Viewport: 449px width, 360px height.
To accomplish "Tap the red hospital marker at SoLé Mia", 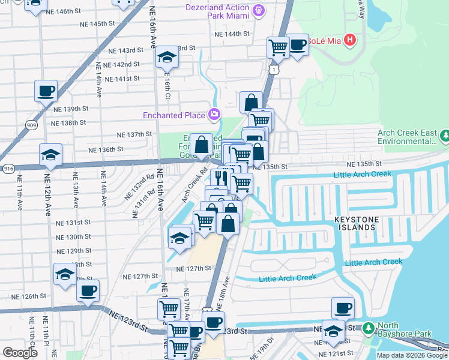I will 350,41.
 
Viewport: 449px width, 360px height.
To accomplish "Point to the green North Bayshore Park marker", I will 367,328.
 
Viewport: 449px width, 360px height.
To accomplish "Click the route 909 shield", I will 31,125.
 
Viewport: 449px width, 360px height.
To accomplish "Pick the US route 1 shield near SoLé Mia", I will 274,70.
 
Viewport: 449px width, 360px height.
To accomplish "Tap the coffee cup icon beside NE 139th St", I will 46,91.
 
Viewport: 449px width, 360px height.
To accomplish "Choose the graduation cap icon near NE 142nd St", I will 166,57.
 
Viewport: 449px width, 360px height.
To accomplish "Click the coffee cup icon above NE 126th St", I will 88,291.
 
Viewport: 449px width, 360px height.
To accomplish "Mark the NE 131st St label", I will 73,222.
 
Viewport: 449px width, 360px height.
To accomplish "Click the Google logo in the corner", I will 19,353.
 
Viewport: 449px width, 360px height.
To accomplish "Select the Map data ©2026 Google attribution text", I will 411,355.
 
